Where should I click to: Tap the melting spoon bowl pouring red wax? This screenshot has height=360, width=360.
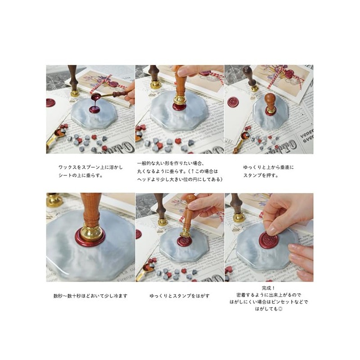tap(95, 96)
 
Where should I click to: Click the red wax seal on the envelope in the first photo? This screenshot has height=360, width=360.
tap(50, 103)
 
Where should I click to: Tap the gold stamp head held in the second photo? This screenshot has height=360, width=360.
tap(180, 101)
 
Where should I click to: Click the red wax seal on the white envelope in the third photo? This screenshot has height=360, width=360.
tap(233, 102)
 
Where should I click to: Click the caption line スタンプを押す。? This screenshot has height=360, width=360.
tap(260, 175)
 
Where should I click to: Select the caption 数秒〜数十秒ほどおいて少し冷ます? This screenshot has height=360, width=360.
tap(90, 296)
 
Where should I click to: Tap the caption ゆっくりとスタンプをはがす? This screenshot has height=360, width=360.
tap(179, 296)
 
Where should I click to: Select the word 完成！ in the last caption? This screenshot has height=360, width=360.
tap(269, 288)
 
